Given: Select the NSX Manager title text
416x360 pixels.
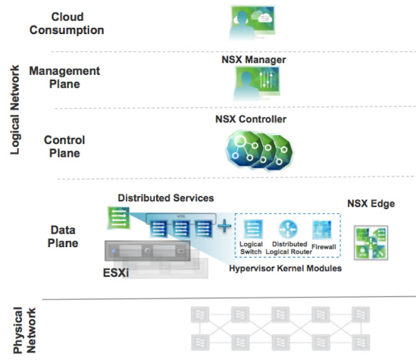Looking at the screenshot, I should point(254,59).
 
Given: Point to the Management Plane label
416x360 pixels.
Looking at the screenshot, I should point(65,77).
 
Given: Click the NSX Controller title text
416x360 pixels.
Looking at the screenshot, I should point(251,119).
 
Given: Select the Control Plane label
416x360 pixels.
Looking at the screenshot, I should point(65,147).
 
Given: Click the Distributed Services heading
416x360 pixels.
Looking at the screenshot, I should point(166,197).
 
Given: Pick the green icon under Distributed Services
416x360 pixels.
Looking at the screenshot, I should point(119,218).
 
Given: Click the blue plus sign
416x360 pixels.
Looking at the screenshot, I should point(224,226).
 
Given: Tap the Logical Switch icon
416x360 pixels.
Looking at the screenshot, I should point(252,229).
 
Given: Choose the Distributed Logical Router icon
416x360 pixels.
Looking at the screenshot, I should point(288,228).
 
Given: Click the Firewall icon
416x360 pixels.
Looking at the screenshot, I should point(322,230).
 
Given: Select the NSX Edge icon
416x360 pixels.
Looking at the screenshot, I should point(370,242).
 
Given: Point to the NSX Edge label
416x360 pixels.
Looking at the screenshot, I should point(370,203).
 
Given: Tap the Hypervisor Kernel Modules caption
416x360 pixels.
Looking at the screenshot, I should point(286,268).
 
